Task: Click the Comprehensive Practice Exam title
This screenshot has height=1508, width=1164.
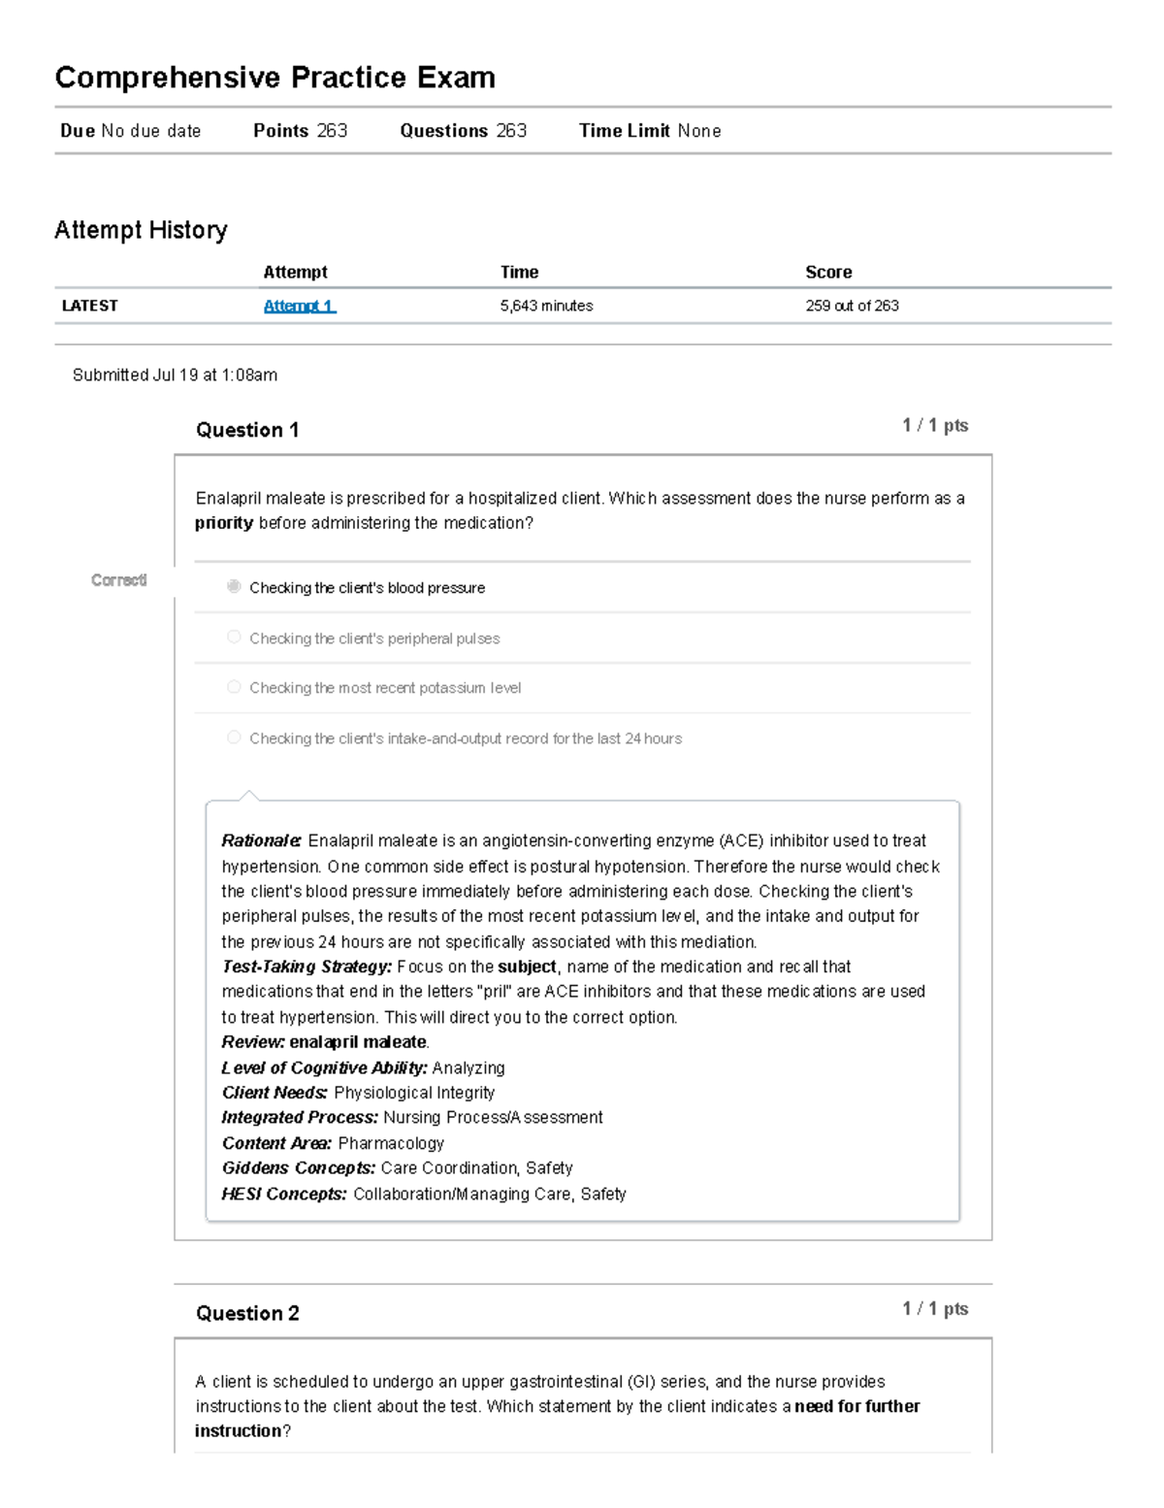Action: [x=275, y=78]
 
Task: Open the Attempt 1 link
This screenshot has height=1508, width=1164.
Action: [x=300, y=306]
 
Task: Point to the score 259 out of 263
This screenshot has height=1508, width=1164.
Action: [x=852, y=306]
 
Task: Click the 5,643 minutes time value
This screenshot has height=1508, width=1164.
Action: [x=546, y=306]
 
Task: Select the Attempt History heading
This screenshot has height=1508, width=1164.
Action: [x=141, y=230]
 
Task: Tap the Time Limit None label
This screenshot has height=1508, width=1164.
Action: [x=649, y=131]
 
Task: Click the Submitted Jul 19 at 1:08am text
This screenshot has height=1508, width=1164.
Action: [x=175, y=375]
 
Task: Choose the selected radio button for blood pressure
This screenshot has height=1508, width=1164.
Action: [x=234, y=586]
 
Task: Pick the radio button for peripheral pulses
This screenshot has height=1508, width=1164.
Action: [x=234, y=637]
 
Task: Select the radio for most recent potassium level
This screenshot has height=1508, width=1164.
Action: [x=234, y=687]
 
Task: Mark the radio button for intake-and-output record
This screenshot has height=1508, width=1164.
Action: [x=234, y=738]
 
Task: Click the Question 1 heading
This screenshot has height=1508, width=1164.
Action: [x=247, y=430]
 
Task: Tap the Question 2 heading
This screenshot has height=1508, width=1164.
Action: [x=247, y=1313]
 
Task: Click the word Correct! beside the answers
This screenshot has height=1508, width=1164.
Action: [x=118, y=580]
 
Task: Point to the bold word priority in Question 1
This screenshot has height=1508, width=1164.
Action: [x=224, y=523]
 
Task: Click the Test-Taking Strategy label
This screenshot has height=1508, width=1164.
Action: [x=307, y=967]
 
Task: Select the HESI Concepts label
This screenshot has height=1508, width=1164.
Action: [x=283, y=1194]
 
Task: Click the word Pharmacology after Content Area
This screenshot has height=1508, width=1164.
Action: [x=391, y=1143]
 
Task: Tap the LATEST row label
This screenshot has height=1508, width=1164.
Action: [x=89, y=306]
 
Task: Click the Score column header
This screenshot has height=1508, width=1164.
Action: [x=828, y=273]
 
